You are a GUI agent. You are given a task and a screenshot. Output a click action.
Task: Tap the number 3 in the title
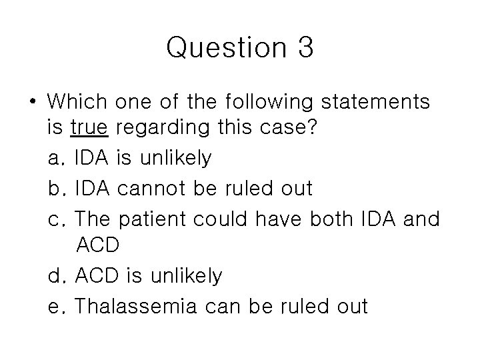pos(302,49)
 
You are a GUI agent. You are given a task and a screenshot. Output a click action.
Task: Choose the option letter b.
pos(55,189)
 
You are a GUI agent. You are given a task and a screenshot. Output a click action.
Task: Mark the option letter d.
pos(55,275)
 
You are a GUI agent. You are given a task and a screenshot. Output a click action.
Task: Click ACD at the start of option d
pos(97,275)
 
